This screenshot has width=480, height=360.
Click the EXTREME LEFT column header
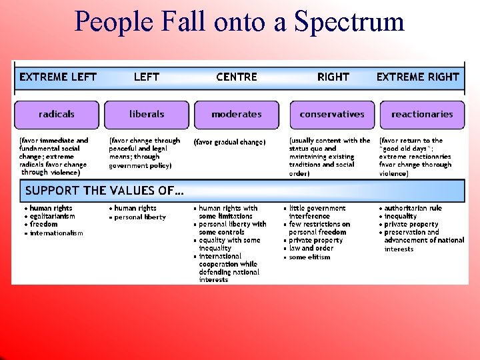(58, 77)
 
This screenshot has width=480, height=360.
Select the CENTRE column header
(237, 77)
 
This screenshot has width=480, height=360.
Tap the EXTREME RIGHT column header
(418, 77)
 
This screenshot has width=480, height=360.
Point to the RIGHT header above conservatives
(333, 77)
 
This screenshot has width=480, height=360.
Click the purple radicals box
(57, 114)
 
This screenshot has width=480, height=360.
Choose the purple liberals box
(147, 114)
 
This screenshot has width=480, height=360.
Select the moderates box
(237, 114)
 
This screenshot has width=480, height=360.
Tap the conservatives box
(332, 114)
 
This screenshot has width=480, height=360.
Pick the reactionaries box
(422, 114)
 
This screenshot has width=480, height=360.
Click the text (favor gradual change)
(229, 142)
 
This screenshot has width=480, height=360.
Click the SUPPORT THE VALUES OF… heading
(105, 191)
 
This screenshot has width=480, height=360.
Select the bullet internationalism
(56, 233)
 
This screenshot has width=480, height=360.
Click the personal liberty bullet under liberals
(140, 217)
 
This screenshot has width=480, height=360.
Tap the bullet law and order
(311, 248)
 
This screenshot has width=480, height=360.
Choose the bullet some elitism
(309, 257)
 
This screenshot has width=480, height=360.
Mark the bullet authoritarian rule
(413, 208)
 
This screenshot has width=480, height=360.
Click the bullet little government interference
(317, 212)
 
